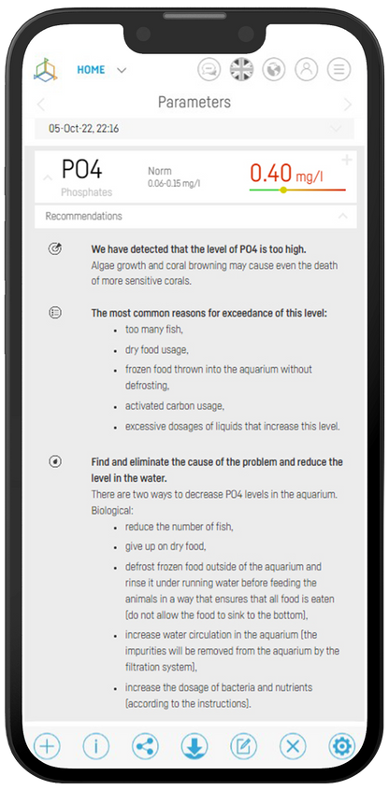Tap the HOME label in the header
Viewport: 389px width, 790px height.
point(91,70)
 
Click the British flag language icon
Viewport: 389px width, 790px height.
point(242,70)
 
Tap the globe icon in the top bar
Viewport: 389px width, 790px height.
point(274,70)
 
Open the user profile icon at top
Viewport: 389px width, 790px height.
point(306,70)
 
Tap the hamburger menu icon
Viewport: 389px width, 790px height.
point(338,70)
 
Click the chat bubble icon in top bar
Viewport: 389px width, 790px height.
point(210,70)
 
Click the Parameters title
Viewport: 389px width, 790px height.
point(194,102)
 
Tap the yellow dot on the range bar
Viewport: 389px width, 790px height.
point(283,190)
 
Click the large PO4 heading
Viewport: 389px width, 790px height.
point(81,169)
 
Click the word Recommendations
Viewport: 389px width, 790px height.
point(84,216)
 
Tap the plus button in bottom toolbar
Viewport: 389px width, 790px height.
point(48,745)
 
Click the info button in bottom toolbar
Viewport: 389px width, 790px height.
point(96,745)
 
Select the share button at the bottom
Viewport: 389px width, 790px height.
point(145,745)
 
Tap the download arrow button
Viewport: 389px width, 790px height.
point(194,745)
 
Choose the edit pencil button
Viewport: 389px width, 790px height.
point(243,745)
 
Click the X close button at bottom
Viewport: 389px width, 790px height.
point(292,745)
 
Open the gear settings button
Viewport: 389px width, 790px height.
point(341,745)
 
